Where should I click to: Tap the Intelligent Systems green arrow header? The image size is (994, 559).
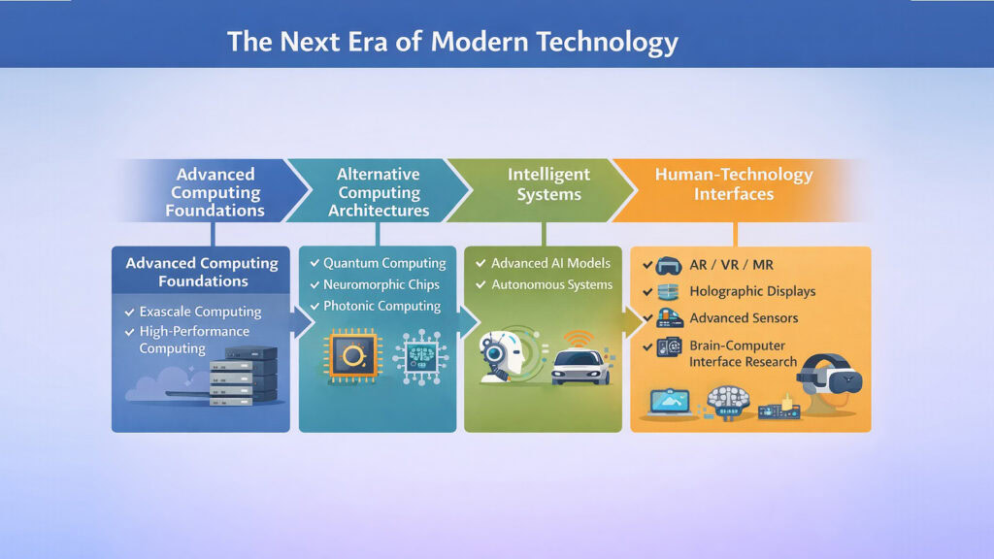(548, 183)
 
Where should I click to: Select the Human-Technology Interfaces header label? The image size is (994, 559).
(734, 183)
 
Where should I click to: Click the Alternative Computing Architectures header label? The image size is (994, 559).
(379, 192)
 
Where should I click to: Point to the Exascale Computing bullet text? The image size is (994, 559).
(200, 312)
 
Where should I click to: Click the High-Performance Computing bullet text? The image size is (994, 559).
(194, 340)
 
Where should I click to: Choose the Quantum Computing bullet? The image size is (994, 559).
(384, 263)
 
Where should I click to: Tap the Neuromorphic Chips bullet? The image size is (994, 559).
(381, 284)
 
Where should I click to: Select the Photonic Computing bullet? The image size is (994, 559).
(381, 306)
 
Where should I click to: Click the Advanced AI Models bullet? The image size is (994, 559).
(550, 263)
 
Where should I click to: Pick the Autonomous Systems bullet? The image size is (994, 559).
(551, 284)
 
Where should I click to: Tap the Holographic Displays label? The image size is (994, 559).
(752, 291)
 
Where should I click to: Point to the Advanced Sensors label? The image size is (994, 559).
(744, 318)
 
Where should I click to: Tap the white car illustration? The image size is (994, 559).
(580, 367)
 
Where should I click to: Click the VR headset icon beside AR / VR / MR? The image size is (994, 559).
(667, 265)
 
